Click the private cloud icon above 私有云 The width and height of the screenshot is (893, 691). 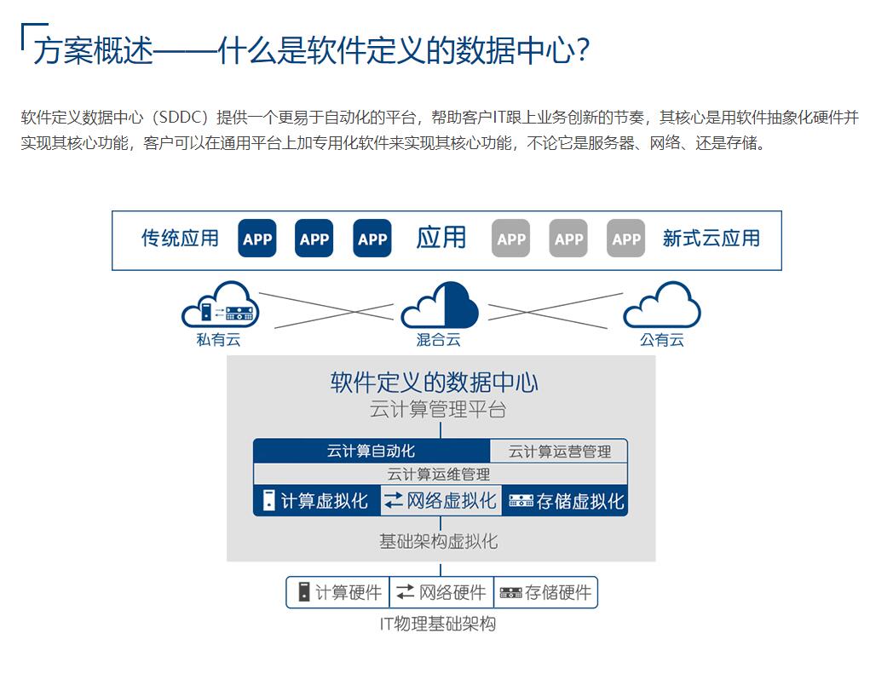click(220, 306)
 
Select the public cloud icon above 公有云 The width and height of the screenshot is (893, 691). click(662, 306)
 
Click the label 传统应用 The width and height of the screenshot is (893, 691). click(180, 239)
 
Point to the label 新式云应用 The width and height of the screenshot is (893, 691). click(711, 239)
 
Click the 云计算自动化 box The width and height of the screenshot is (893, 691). click(372, 451)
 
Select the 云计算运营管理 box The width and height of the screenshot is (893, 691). click(560, 451)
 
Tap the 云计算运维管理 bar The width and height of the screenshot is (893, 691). click(440, 474)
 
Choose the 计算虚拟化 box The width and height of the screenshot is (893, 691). click(316, 501)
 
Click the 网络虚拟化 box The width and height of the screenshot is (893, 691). click(441, 501)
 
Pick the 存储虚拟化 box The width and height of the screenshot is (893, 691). click(566, 501)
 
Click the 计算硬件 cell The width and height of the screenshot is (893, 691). click(338, 592)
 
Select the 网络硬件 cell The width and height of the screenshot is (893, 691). click(441, 592)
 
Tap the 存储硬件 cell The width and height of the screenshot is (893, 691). click(545, 592)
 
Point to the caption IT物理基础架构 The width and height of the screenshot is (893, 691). click(438, 624)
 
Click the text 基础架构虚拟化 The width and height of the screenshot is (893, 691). click(439, 541)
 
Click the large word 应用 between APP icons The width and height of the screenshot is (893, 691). click(441, 238)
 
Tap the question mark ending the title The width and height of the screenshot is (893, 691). click(583, 50)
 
